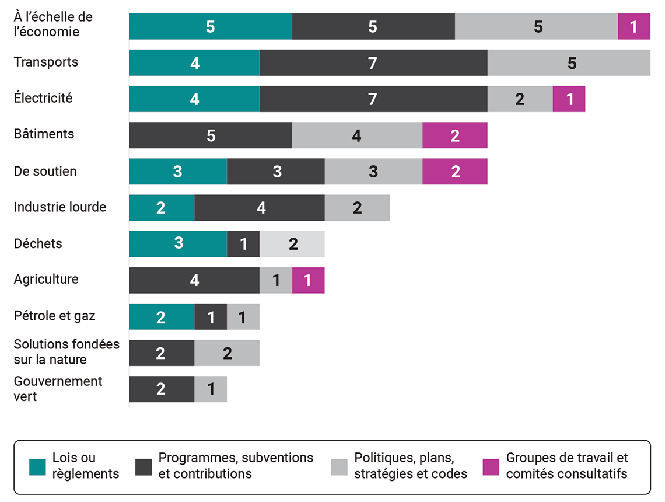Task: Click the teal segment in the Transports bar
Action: click(x=194, y=63)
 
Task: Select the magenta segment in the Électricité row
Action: click(x=569, y=99)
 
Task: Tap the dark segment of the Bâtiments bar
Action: click(x=210, y=135)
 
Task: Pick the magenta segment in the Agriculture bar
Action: click(x=308, y=281)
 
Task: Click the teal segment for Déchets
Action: click(x=178, y=244)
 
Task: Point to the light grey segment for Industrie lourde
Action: click(x=357, y=208)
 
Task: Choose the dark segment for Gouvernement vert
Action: click(x=161, y=389)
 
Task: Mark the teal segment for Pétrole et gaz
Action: click(x=161, y=317)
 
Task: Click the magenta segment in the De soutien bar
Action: click(x=455, y=172)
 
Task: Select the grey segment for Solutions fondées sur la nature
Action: click(x=227, y=353)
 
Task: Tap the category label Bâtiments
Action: click(x=44, y=134)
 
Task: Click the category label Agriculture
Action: click(x=46, y=279)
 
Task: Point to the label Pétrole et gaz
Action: click(x=54, y=316)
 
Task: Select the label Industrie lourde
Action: click(x=60, y=207)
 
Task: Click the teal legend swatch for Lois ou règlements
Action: click(x=37, y=467)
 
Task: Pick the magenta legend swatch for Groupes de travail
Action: click(x=491, y=467)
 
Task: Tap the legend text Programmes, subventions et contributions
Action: click(x=236, y=466)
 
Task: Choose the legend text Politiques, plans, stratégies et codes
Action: click(x=411, y=466)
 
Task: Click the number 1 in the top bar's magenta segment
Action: click(x=633, y=27)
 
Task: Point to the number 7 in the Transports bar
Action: click(x=373, y=63)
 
